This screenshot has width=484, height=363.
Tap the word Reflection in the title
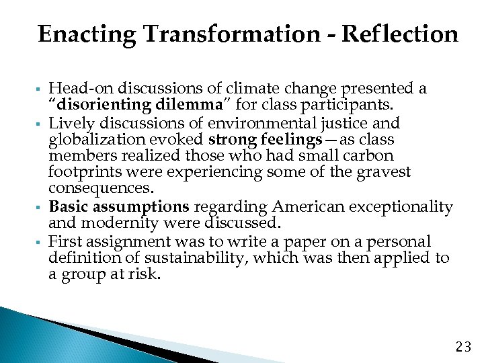click(400, 34)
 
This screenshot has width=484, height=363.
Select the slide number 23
click(464, 347)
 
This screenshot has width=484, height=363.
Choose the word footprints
click(80, 173)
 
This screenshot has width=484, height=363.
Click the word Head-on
click(75, 89)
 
